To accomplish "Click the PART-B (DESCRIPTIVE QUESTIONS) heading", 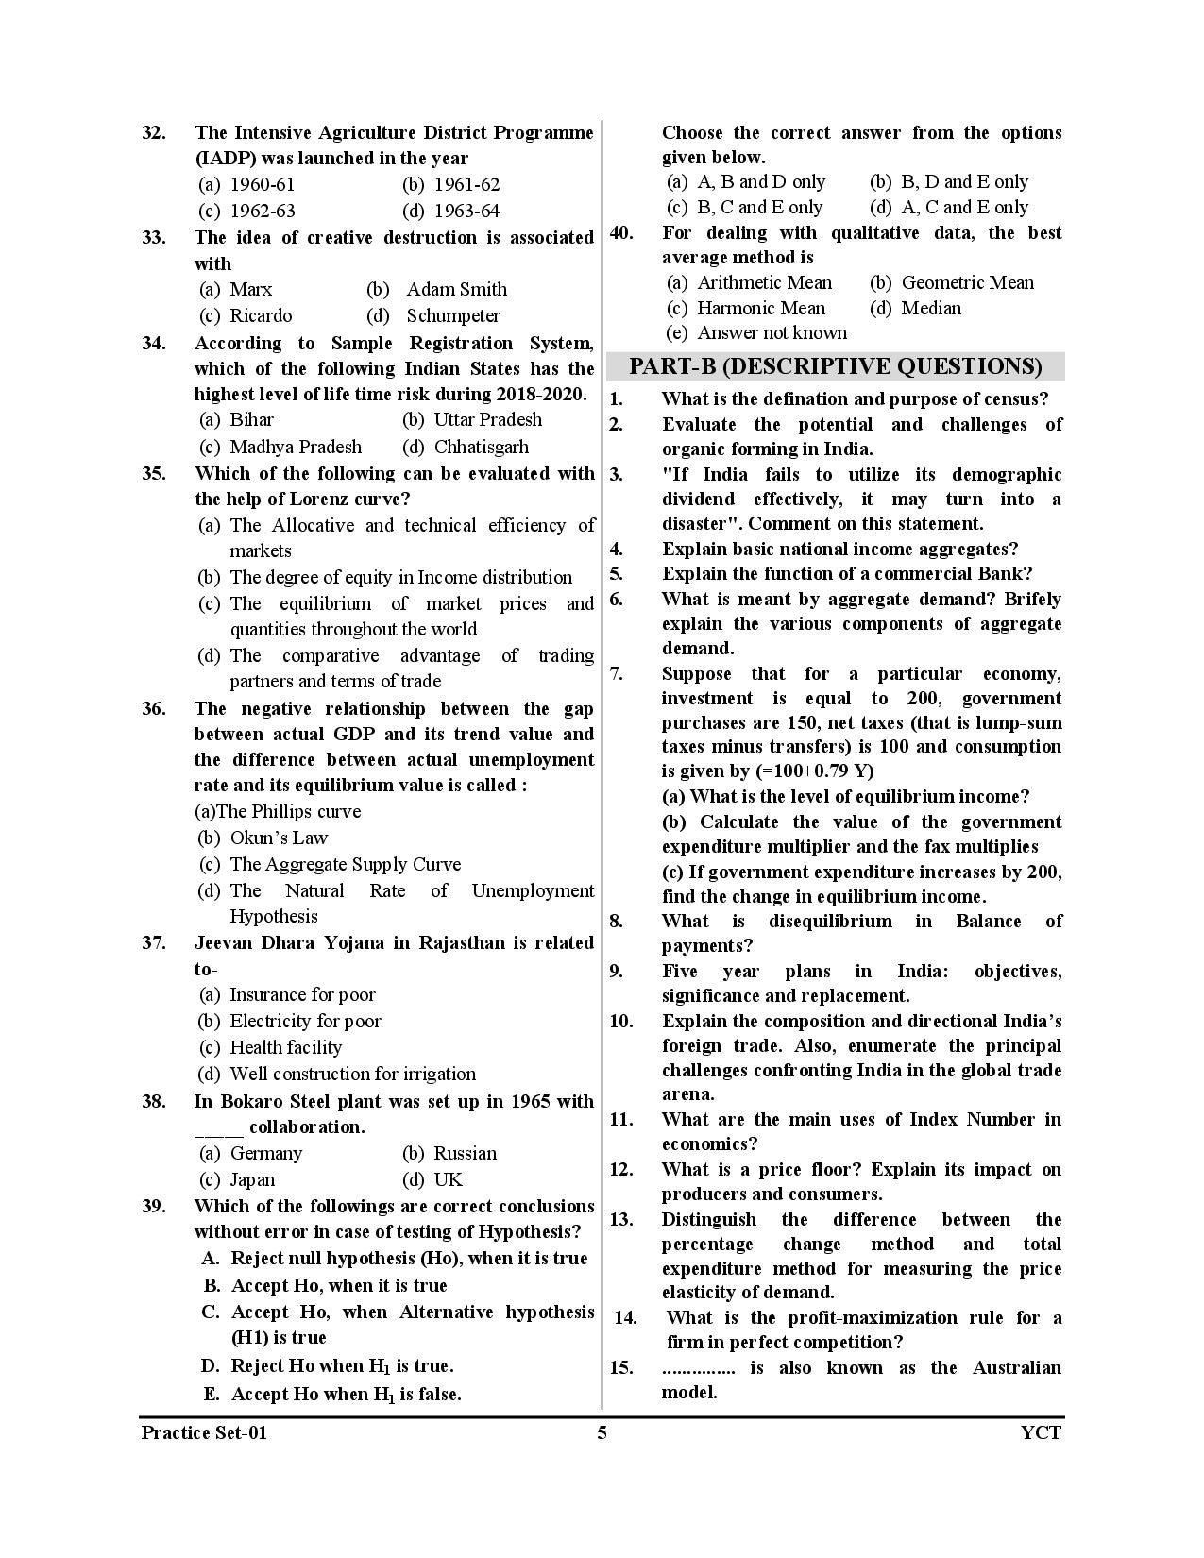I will click(836, 366).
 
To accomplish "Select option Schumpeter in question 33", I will click(452, 315).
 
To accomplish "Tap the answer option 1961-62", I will click(466, 185).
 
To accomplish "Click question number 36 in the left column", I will click(154, 709).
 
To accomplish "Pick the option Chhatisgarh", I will click(481, 447).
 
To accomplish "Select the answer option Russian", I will click(465, 1153).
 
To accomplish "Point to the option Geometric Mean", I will click(967, 282).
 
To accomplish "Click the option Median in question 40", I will click(931, 308).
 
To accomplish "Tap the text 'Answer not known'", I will click(772, 332).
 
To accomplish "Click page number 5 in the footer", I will click(602, 1433).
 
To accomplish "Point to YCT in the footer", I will click(1041, 1433).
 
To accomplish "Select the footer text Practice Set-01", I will click(204, 1433).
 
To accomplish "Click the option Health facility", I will click(285, 1047).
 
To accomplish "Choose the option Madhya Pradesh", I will click(295, 447).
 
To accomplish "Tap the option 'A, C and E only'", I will click(964, 207).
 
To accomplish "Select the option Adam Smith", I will click(456, 289).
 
